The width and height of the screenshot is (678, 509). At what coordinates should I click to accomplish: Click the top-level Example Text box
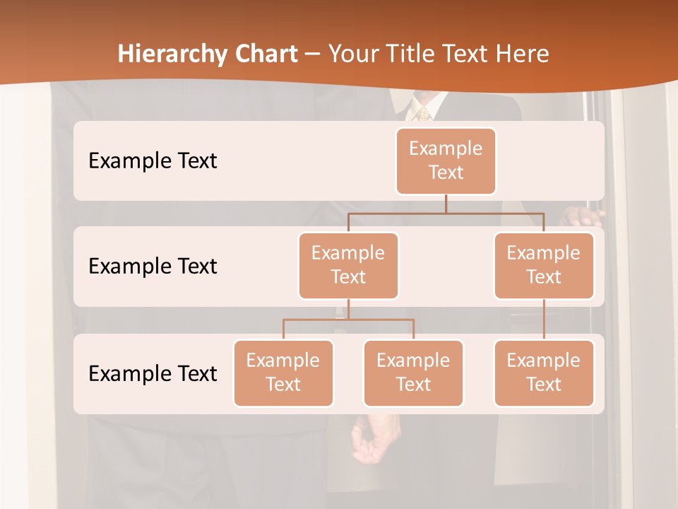[x=446, y=160]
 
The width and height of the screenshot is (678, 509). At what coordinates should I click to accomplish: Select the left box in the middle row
[x=348, y=265]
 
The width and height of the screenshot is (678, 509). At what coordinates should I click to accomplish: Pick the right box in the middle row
[x=544, y=265]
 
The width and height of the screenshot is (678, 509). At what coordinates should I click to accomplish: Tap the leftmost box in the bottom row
[x=283, y=373]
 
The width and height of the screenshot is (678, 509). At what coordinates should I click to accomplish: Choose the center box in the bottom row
[x=413, y=373]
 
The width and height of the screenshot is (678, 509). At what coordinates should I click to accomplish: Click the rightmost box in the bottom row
[x=544, y=373]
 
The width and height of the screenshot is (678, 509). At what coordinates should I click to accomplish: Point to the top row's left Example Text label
[x=153, y=161]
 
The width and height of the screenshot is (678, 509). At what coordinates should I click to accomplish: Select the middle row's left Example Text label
[x=153, y=267]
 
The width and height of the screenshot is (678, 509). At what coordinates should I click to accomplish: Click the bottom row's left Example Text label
[x=153, y=373]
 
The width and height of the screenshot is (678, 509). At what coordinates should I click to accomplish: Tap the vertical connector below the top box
[x=446, y=203]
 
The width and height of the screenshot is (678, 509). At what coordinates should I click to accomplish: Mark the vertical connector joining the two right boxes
[x=544, y=320]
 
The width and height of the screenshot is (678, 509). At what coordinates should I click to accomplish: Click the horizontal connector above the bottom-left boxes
[x=348, y=320]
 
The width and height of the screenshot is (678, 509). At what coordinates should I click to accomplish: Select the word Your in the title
[x=352, y=54]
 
